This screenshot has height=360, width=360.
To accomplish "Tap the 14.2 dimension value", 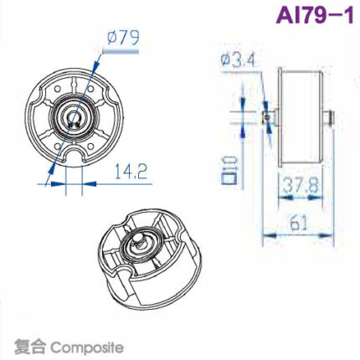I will point(131,172).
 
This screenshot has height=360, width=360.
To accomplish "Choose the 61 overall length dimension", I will point(300,224).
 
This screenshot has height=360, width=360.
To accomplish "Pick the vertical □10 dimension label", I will point(228,167).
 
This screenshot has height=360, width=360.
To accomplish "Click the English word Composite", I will point(87,346).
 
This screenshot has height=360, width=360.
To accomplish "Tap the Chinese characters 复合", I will point(30,346).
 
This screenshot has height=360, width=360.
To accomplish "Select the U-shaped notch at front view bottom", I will point(75,159).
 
